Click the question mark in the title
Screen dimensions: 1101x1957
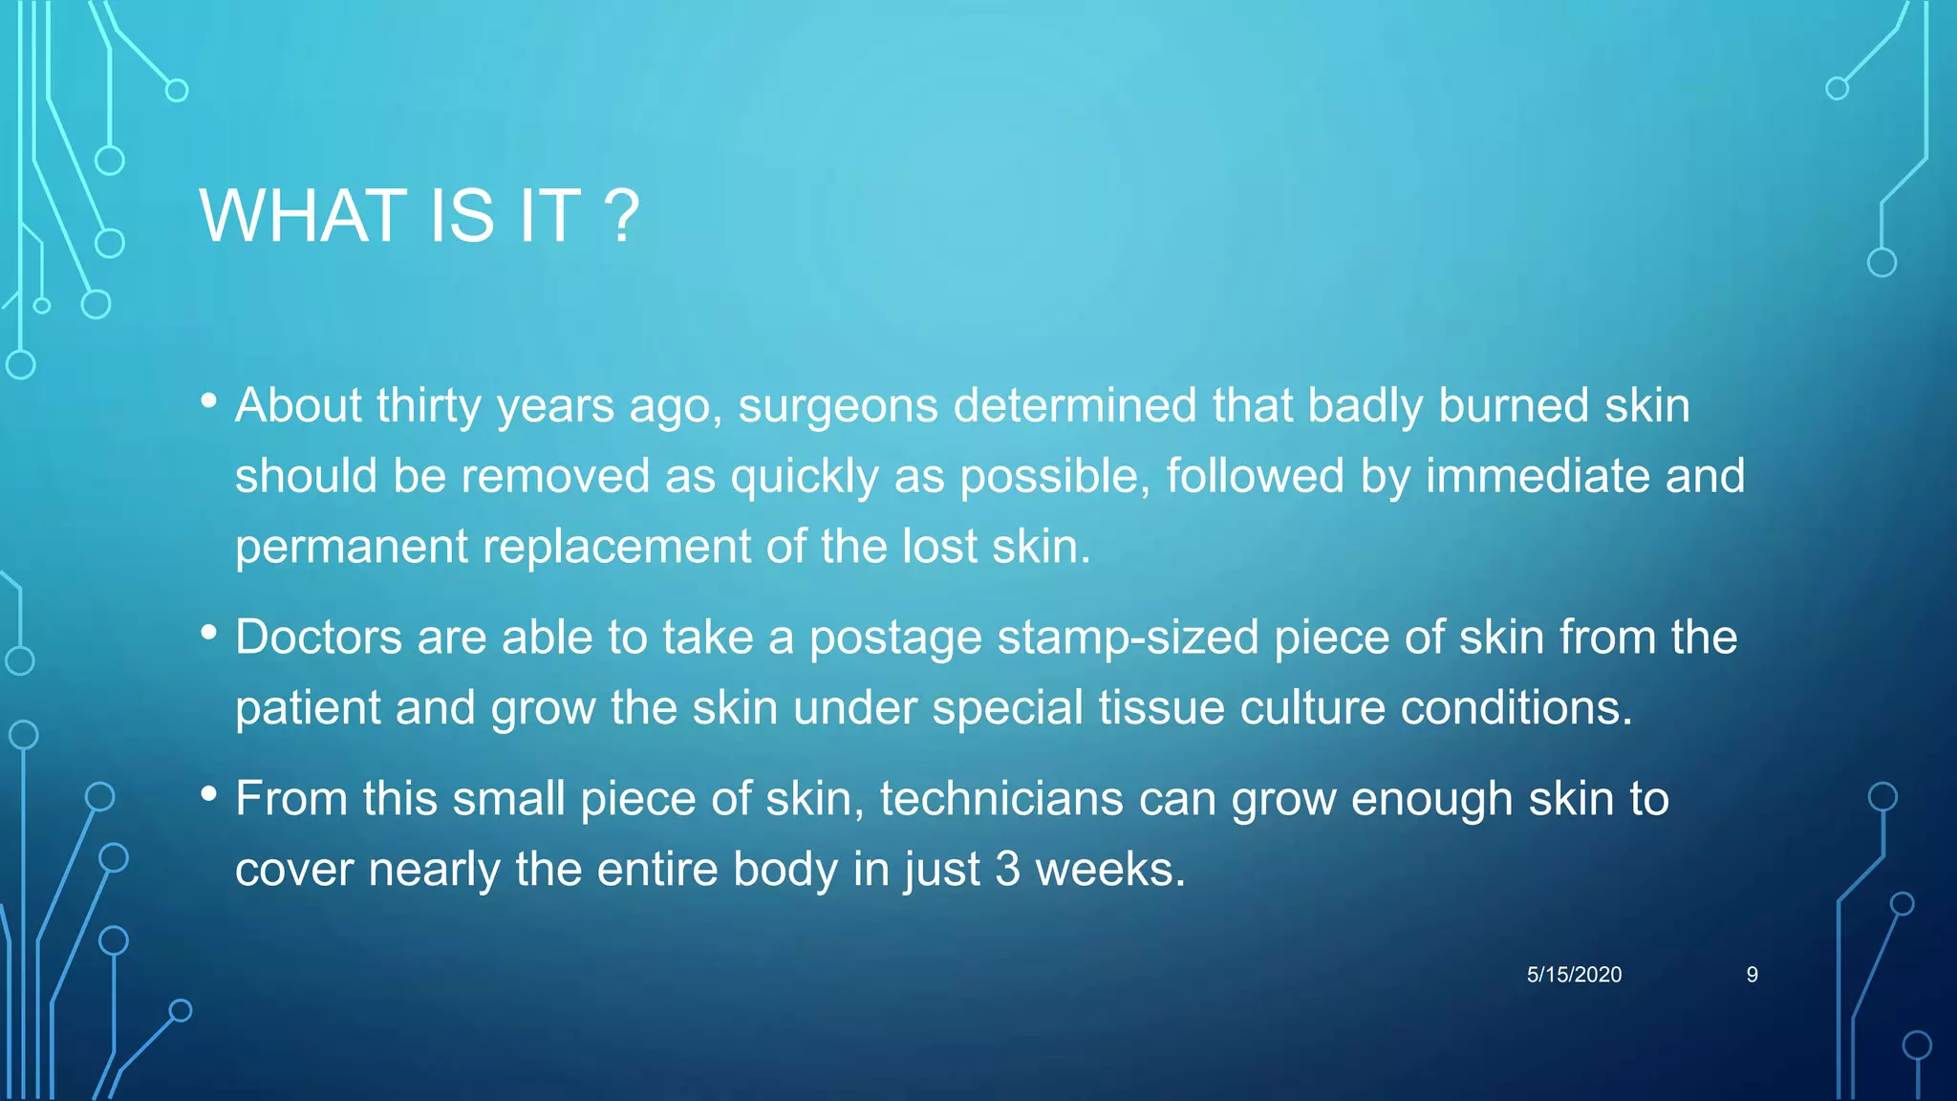(x=621, y=216)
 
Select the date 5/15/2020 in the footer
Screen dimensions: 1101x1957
(x=1574, y=975)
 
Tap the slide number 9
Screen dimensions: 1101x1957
(x=1752, y=975)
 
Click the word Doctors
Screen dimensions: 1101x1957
(x=318, y=637)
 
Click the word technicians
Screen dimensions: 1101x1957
(x=1001, y=799)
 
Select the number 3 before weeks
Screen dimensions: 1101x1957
(x=1007, y=870)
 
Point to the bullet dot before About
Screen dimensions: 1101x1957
(x=209, y=401)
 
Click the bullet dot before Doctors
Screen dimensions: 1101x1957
(x=209, y=633)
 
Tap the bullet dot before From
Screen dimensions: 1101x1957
(x=209, y=794)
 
